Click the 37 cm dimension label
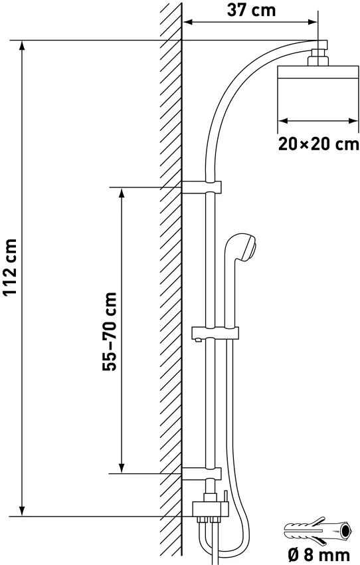point(251,10)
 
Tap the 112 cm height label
point(10,267)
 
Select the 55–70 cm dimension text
point(110,332)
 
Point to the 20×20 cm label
point(319,144)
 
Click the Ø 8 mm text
point(319,555)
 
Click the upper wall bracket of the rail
point(201,187)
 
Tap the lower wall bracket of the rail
point(201,473)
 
